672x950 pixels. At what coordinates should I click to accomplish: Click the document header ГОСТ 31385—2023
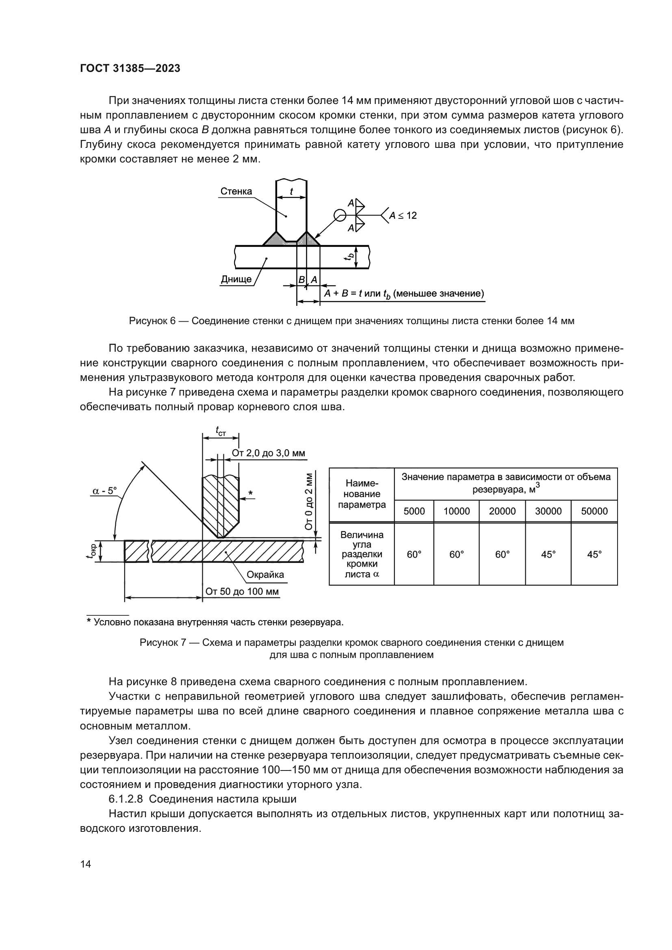click(x=130, y=69)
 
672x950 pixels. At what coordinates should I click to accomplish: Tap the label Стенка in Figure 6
click(x=236, y=191)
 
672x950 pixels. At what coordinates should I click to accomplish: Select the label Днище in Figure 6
click(x=236, y=279)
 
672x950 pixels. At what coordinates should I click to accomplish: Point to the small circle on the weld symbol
click(x=340, y=215)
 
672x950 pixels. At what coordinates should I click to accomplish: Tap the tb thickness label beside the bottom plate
click(x=350, y=257)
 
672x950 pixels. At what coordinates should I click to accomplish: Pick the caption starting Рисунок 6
click(x=351, y=321)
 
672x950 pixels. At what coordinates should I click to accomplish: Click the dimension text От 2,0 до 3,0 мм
click(x=268, y=453)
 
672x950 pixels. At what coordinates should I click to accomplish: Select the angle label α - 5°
click(x=104, y=491)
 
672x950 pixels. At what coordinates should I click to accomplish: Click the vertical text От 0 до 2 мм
click(x=309, y=502)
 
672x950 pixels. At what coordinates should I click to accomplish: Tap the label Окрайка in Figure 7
click(x=265, y=575)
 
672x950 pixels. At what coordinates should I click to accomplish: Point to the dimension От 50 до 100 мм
click(x=242, y=591)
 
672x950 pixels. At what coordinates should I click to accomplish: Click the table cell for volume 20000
click(x=502, y=511)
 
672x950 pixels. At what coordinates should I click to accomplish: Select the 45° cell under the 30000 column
click(x=548, y=554)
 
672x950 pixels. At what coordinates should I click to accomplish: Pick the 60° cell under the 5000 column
click(x=414, y=554)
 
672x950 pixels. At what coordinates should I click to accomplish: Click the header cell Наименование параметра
click(x=362, y=494)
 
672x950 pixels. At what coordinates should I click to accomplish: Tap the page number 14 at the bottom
click(x=86, y=864)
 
